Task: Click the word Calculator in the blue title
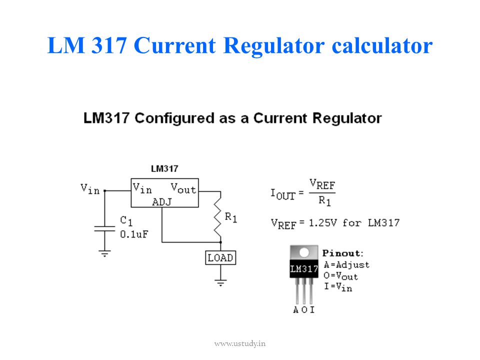[x=382, y=45]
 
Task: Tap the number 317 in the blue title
[x=109, y=45]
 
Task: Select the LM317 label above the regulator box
[x=164, y=168]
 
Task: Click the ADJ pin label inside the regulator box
[x=162, y=202]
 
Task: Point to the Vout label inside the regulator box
[x=183, y=188]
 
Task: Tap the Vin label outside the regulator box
[x=90, y=189]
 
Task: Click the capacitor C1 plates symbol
[x=104, y=228]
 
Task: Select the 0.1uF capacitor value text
[x=134, y=234]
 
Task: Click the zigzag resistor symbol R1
[x=217, y=217]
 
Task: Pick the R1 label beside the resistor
[x=231, y=217]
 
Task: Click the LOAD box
[x=220, y=258]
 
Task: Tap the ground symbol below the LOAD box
[x=220, y=282]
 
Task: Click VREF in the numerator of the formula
[x=322, y=184]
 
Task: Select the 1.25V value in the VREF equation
[x=322, y=222]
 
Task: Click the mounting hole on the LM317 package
[x=304, y=252]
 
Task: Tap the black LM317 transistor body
[x=304, y=269]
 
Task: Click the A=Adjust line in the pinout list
[x=346, y=265]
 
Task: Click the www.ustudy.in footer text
[x=239, y=343]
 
